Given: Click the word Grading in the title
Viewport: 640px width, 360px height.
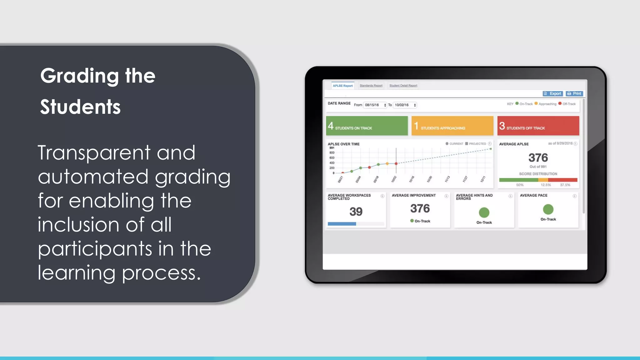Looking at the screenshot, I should [x=79, y=76].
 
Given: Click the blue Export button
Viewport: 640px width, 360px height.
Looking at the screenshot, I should [x=552, y=93].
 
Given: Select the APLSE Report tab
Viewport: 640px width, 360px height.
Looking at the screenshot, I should [x=342, y=86].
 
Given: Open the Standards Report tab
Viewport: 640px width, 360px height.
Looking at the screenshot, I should [x=371, y=86].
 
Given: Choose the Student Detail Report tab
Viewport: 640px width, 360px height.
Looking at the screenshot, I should [x=403, y=86].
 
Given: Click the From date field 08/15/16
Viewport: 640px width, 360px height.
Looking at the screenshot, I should [x=375, y=105].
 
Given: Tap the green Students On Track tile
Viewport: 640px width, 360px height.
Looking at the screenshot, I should [x=367, y=126].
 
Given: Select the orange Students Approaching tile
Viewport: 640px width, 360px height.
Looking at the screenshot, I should [x=452, y=126].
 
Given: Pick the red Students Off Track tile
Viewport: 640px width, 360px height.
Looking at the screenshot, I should [x=538, y=126].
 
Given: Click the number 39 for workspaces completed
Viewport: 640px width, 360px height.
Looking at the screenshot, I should [x=356, y=212].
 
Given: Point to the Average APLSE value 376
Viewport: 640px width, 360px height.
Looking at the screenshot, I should [x=538, y=157].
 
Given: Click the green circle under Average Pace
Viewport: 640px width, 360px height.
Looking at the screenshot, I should [x=548, y=209].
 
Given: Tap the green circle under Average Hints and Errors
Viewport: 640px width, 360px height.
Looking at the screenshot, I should [x=484, y=212].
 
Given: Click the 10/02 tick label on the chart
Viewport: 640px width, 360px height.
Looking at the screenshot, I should [x=394, y=179].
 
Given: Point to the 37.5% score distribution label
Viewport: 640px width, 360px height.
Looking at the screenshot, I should [x=565, y=185].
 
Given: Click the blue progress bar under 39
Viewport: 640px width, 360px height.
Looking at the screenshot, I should [x=342, y=224].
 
